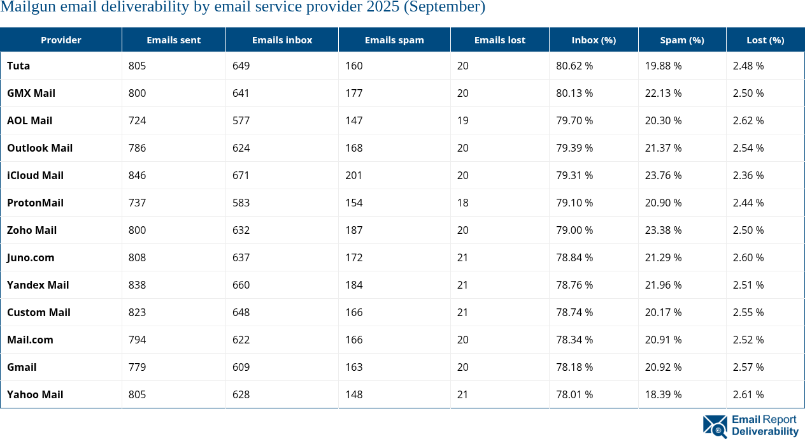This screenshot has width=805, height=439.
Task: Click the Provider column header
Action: point(61,40)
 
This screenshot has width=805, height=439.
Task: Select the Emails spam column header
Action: point(394,40)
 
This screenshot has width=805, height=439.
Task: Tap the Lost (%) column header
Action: point(765,40)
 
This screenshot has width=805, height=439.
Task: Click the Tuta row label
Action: point(18,66)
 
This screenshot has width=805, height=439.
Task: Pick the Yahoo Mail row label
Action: point(35,394)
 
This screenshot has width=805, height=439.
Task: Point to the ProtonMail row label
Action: point(35,203)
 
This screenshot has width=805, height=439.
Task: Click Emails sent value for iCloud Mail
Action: point(137,175)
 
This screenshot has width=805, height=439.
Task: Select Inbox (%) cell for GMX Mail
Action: point(574,93)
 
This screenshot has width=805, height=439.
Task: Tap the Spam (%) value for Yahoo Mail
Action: point(663,394)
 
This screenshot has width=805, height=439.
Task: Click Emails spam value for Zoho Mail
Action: point(354,230)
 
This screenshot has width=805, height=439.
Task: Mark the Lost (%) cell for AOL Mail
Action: point(748,120)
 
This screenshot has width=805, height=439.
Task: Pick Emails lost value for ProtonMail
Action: point(462,203)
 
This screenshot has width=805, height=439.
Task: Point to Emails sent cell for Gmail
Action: point(137,367)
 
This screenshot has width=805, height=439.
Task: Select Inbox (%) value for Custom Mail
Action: point(574,312)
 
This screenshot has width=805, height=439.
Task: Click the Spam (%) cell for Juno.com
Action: point(663,257)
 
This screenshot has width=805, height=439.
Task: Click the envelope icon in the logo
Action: point(715,426)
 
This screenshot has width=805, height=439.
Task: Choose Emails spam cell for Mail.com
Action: point(354,340)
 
